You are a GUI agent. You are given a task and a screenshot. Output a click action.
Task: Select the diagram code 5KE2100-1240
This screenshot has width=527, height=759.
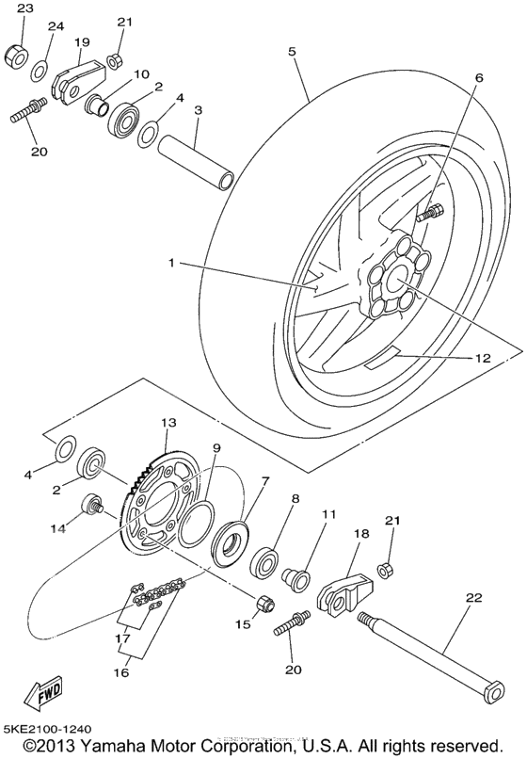click(x=50, y=730)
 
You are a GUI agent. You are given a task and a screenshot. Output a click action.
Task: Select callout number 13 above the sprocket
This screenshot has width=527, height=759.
click(x=168, y=423)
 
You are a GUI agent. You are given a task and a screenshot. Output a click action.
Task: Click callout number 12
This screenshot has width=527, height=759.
click(x=483, y=358)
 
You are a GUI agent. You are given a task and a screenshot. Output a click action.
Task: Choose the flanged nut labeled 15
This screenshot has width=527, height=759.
click(x=263, y=603)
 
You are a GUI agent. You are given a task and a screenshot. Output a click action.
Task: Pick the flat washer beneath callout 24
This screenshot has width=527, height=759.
click(x=40, y=70)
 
